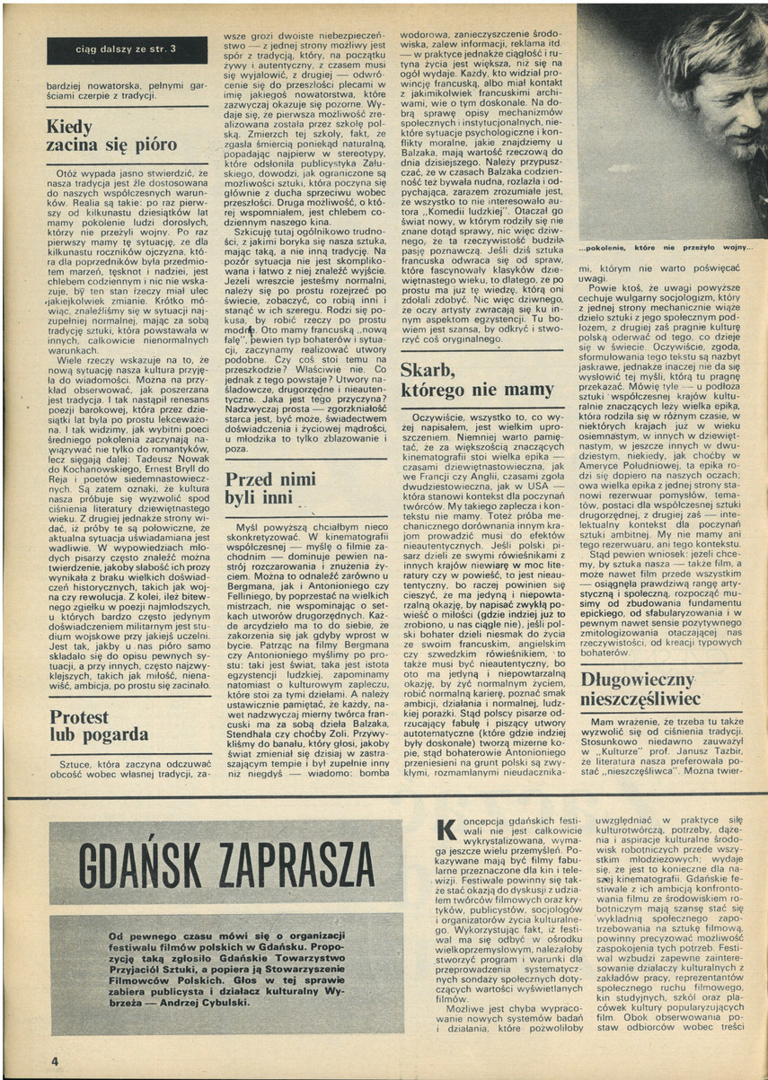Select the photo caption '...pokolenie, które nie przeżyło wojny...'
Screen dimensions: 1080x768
(x=666, y=247)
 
